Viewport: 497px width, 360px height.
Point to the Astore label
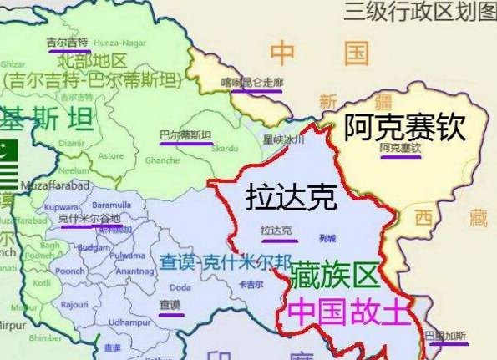tap(111, 155)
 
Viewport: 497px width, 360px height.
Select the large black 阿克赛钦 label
tap(404, 128)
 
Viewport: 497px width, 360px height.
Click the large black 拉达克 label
tap(291, 197)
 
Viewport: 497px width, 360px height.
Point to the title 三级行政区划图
tap(418, 12)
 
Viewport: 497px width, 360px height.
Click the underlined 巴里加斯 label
tap(446, 336)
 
